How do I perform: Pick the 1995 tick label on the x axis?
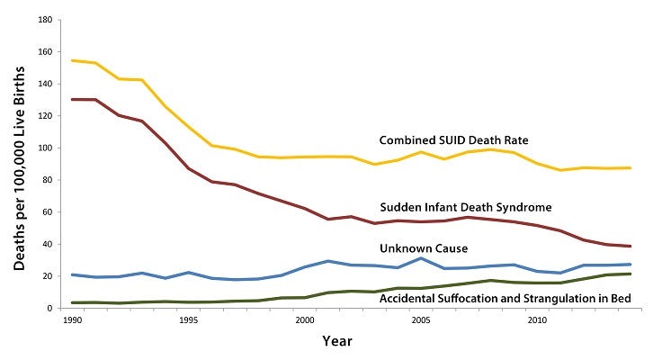(x=188, y=320)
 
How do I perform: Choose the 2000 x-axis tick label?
(x=304, y=320)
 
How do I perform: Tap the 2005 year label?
(x=420, y=320)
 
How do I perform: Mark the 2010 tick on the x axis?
(x=536, y=320)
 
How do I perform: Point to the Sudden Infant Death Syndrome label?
(x=465, y=207)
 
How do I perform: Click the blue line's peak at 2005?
(x=420, y=258)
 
